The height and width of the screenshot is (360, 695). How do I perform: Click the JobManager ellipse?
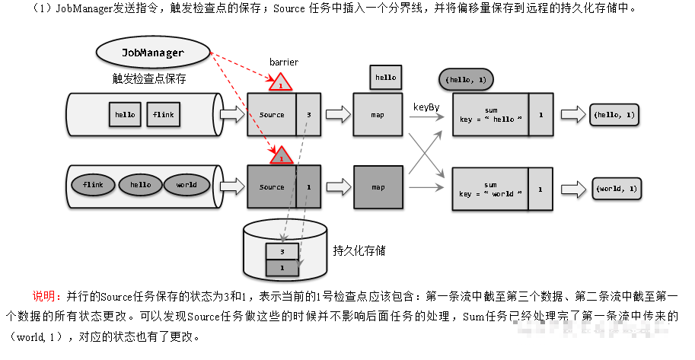(x=153, y=53)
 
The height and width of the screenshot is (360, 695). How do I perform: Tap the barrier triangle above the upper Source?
(x=281, y=83)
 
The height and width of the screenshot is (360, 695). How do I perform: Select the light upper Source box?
(x=272, y=115)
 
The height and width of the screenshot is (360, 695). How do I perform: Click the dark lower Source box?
(x=272, y=186)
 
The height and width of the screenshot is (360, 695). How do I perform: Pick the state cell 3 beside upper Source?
(x=308, y=115)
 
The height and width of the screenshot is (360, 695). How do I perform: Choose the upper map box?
(x=378, y=115)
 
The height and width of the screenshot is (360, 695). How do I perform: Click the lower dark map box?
(x=378, y=186)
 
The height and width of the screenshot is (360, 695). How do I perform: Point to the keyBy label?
(x=426, y=107)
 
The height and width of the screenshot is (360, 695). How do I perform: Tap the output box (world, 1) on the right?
(x=617, y=187)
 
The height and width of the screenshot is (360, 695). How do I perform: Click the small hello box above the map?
(x=386, y=77)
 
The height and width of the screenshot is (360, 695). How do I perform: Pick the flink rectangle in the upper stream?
(x=163, y=115)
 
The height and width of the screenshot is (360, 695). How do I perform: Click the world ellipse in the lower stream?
(x=187, y=185)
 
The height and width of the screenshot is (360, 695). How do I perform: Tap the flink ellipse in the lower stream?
(x=93, y=185)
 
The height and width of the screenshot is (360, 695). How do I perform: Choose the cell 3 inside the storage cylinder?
(x=282, y=250)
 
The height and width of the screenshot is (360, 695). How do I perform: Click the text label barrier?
(x=284, y=62)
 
